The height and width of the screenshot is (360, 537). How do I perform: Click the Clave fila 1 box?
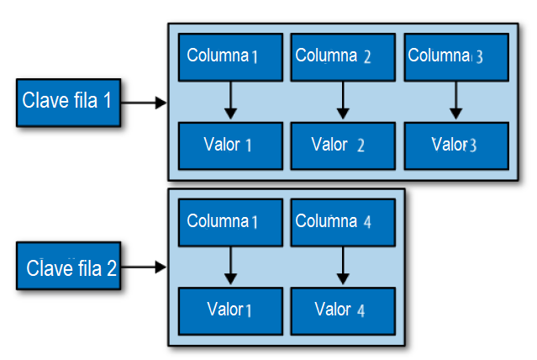coord(67,103)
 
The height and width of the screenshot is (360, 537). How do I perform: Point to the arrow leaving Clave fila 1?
coord(145,103)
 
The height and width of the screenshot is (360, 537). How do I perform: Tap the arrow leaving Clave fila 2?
coord(145,268)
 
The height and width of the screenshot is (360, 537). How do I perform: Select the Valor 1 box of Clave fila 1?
coord(230,145)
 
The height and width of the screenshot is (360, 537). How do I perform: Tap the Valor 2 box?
coord(342,145)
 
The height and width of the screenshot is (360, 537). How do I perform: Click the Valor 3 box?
coord(455,145)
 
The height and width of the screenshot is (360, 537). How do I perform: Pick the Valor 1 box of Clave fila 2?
coord(230,310)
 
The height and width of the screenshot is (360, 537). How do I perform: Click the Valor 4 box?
coord(342,310)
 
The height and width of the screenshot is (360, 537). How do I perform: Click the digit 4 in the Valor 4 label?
coord(361,310)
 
